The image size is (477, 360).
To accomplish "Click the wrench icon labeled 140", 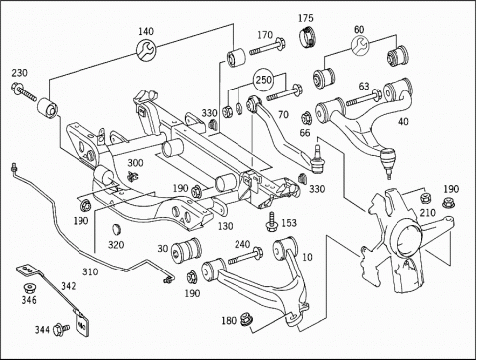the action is [146, 51].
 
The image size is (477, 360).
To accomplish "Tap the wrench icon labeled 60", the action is [360, 46].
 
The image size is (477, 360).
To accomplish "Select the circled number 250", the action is [264, 80].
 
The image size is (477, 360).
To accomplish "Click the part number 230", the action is [20, 73].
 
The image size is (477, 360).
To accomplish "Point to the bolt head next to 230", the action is [16, 87].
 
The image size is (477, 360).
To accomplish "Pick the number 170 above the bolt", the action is [265, 34].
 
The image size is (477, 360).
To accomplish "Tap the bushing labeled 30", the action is [186, 250].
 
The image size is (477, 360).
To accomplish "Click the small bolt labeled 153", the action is [272, 221].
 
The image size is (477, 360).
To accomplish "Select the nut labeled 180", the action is [246, 319].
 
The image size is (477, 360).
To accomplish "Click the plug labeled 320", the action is [116, 229].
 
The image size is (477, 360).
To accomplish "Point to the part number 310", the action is [90, 272].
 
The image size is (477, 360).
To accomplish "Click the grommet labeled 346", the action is [30, 288].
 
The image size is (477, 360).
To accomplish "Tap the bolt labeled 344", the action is [61, 329].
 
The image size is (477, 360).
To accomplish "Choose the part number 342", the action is [68, 286].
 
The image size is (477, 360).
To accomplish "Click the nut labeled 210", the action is [425, 198].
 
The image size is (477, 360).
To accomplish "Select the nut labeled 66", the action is [306, 117].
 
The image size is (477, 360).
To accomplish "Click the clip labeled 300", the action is [133, 177].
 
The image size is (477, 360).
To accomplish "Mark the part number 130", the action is [226, 226].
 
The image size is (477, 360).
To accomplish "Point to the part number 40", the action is [403, 122].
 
